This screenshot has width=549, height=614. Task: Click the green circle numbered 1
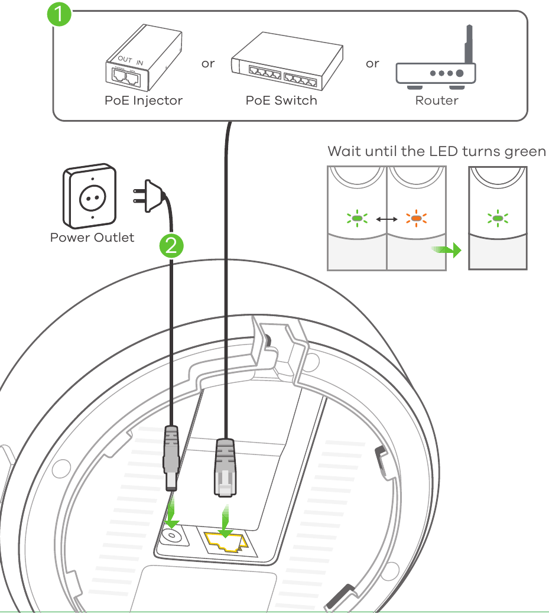tap(60, 14)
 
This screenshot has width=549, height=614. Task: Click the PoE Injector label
tap(144, 100)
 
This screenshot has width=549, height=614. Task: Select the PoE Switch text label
tap(281, 100)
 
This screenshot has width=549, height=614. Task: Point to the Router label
tap(437, 100)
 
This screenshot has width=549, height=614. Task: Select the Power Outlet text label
tap(92, 238)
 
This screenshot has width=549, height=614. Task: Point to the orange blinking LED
tap(416, 219)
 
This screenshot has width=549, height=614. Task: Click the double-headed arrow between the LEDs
tap(387, 219)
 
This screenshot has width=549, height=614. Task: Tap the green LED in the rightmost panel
tap(498, 219)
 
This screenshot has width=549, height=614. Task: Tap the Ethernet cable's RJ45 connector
tap(225, 467)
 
